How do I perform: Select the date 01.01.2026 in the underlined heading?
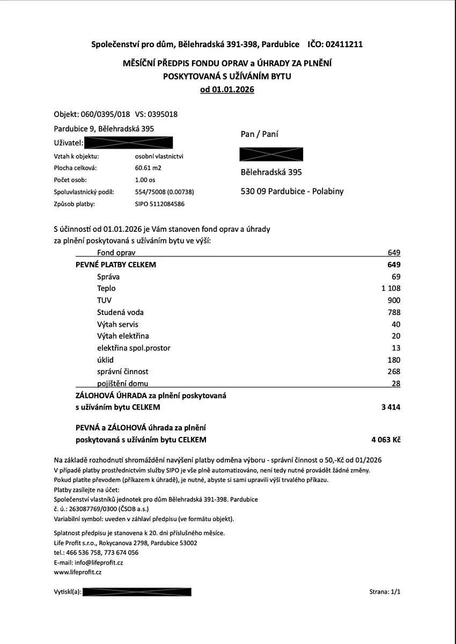coord(233,90)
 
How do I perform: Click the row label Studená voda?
coord(120,312)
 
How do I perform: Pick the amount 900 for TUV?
coord(393,301)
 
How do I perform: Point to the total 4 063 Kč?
coord(385,440)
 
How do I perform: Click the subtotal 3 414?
coord(390,407)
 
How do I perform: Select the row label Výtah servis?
coord(117,324)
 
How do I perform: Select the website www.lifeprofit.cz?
coord(78,572)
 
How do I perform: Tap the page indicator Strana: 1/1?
coord(385,592)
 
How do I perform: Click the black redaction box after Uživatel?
coord(129,143)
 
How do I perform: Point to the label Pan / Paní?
coord(260,134)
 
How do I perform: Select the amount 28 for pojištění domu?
coord(396,383)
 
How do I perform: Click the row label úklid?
coord(106,360)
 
